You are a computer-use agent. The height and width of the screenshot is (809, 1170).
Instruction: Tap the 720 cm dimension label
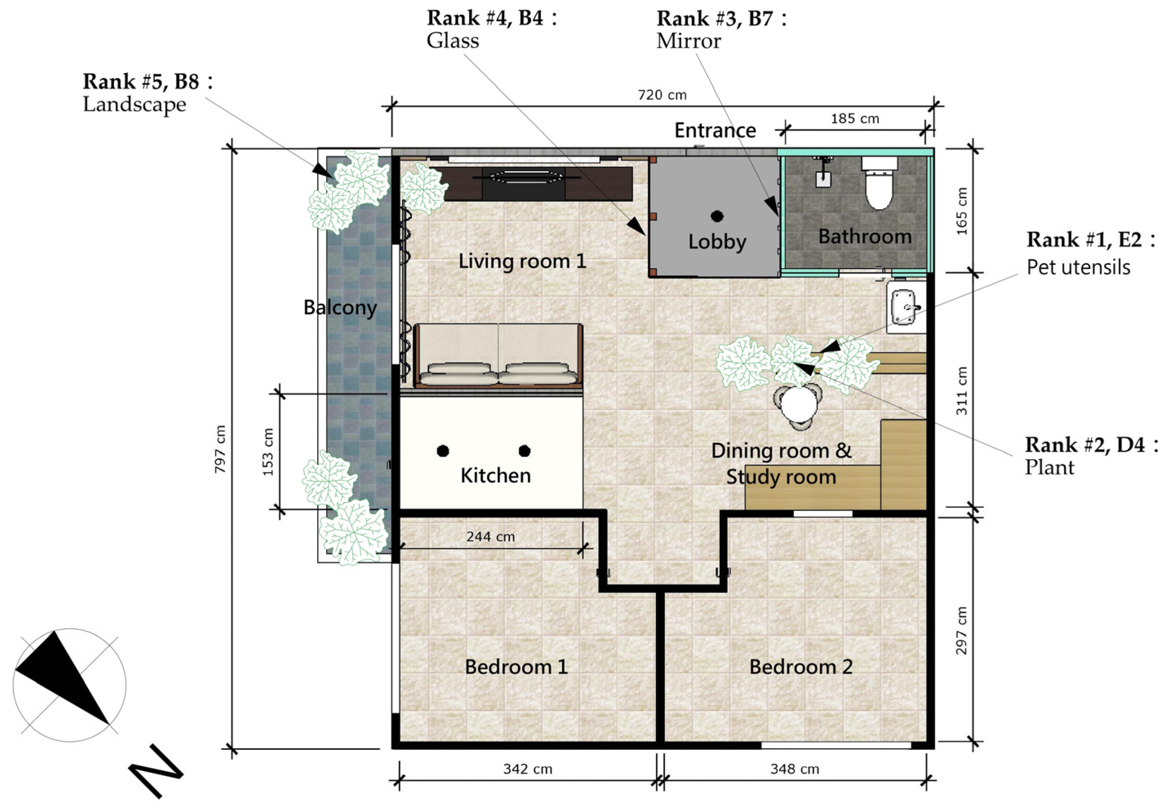pyautogui.click(x=662, y=95)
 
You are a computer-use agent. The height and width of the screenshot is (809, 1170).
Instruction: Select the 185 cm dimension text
pyautogui.click(x=855, y=119)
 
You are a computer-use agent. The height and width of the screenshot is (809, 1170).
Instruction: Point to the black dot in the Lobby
pyautogui.click(x=717, y=216)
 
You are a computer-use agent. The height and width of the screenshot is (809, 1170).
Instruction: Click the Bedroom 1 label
pyautogui.click(x=516, y=667)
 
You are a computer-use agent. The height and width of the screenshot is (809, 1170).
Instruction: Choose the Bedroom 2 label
pyautogui.click(x=801, y=667)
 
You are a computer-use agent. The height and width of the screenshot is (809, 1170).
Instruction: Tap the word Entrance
pyautogui.click(x=715, y=131)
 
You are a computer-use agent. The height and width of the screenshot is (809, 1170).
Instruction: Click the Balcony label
pyautogui.click(x=340, y=308)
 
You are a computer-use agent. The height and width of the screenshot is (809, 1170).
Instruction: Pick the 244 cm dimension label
pyautogui.click(x=490, y=537)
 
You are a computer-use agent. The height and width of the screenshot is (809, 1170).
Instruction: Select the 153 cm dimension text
pyautogui.click(x=268, y=451)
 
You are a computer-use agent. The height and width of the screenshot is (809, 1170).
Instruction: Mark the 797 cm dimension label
pyautogui.click(x=220, y=449)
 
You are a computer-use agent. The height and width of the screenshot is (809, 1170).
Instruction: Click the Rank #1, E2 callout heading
pyautogui.click(x=1091, y=240)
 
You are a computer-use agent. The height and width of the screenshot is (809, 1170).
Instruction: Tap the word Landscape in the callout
pyautogui.click(x=134, y=105)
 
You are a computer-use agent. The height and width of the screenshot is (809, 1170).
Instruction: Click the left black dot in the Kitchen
pyautogui.click(x=443, y=451)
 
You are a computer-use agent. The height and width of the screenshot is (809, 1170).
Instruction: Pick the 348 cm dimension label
pyautogui.click(x=794, y=769)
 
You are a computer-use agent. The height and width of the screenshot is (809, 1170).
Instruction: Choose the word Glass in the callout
pyautogui.click(x=453, y=40)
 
